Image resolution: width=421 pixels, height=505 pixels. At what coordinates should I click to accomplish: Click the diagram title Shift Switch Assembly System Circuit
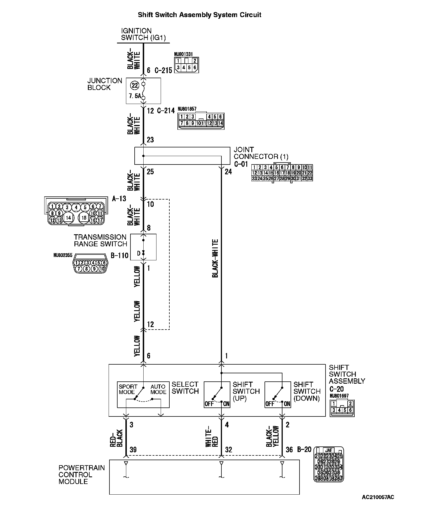(199, 15)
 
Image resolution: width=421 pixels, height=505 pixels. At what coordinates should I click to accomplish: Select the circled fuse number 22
(135, 85)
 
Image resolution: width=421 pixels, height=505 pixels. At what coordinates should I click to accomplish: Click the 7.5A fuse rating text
(135, 96)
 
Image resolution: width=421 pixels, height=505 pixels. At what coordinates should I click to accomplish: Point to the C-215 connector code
(163, 70)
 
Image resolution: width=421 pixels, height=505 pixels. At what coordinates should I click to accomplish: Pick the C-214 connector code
(166, 111)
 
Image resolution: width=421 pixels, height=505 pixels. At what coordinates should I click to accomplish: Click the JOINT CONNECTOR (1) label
(261, 153)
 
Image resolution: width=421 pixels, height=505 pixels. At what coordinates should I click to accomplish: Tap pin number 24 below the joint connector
(228, 172)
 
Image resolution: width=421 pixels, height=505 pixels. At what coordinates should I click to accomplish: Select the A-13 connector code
(119, 199)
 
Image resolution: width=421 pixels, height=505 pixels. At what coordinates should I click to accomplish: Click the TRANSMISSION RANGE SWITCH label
(100, 240)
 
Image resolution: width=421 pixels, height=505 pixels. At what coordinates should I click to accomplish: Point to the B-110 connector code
(119, 255)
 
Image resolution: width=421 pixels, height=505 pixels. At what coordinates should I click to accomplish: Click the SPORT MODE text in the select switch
(128, 389)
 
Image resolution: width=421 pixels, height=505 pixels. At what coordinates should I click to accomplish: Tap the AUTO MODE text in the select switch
(158, 389)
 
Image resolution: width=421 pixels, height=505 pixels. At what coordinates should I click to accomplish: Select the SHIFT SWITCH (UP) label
(246, 391)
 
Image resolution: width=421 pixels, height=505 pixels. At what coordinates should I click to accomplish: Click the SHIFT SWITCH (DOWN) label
(307, 391)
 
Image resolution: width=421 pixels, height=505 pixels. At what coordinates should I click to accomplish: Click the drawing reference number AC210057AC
(378, 497)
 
